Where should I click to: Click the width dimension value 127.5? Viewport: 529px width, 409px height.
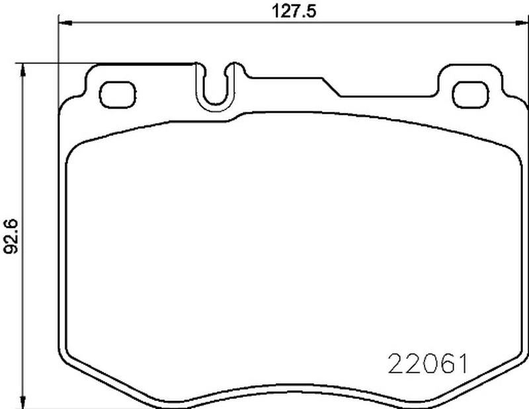coord(294,11)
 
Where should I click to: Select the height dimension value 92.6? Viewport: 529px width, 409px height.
coord(10,236)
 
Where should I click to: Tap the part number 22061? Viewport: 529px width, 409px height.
coord(428,364)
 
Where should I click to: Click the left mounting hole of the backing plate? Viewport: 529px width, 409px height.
coord(118,94)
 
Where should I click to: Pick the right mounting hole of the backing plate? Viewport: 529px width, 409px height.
coord(471,94)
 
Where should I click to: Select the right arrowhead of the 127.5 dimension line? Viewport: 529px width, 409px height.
coord(521,23)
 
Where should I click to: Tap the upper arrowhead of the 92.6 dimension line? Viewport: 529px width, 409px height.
coord(23,70)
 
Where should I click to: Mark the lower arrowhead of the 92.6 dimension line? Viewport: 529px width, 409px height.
coord(23,402)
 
